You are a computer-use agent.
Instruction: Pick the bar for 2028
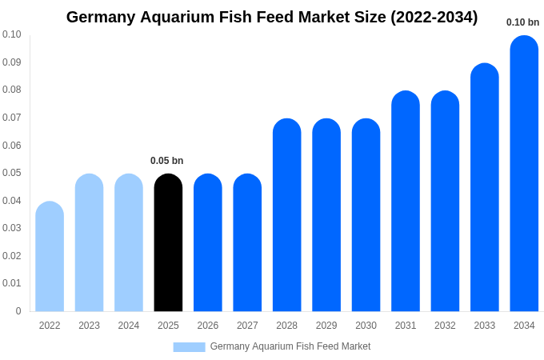click(x=286, y=215)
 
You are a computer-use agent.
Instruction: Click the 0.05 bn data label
click(x=167, y=161)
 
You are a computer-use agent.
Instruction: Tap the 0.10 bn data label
click(x=523, y=22)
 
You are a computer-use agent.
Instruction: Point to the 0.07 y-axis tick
click(x=12, y=118)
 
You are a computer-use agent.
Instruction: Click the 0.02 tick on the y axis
click(x=12, y=256)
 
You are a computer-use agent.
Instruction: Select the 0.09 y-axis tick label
click(x=12, y=62)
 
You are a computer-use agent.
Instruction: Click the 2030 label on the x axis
click(x=366, y=326)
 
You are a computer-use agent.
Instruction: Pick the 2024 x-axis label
click(x=129, y=326)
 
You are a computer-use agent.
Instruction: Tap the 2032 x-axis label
click(x=445, y=326)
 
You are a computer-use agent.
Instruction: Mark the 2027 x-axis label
click(x=247, y=326)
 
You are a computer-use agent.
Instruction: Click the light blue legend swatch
click(x=189, y=347)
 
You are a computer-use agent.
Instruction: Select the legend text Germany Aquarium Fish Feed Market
click(x=290, y=346)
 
